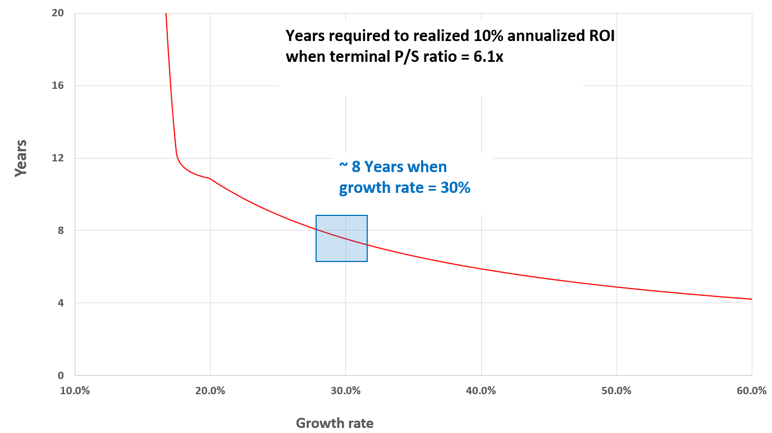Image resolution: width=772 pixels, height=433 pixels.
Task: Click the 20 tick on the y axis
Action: pos(58,13)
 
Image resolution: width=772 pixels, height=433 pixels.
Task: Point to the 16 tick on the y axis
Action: pos(58,85)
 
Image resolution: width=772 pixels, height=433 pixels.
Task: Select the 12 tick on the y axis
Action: pos(58,158)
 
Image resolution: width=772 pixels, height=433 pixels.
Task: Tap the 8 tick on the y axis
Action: pos(60,231)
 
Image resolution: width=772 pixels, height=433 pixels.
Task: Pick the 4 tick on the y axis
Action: pos(60,303)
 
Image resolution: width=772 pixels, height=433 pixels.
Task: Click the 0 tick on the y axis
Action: pos(60,376)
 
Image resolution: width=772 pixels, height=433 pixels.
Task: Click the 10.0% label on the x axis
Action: pos(75,391)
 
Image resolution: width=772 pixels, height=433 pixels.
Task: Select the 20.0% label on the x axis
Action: pos(210,391)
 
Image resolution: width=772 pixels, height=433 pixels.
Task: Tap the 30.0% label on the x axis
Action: pos(345,391)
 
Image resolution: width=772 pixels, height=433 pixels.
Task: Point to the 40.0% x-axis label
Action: pos(481,391)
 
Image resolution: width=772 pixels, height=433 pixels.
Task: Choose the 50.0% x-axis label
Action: pos(616,391)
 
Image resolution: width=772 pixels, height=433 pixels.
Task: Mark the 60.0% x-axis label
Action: pos(752,391)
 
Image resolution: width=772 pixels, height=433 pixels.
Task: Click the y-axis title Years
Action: pos(21,159)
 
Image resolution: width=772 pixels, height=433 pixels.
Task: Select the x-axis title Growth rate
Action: pos(335,423)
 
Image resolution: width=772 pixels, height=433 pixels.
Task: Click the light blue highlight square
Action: pos(341,238)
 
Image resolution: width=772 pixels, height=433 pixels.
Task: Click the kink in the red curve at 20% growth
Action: pos(210,178)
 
